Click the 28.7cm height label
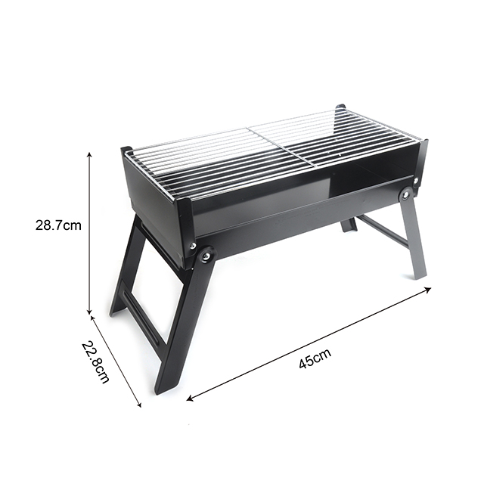pyautogui.click(x=58, y=225)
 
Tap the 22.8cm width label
pyautogui.click(x=95, y=361)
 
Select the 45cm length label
pyautogui.click(x=315, y=358)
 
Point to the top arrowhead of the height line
pyautogui.click(x=90, y=154)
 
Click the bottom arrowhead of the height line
pyautogui.click(x=90, y=311)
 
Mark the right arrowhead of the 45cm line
pyautogui.click(x=429, y=289)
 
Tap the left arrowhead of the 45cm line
pyautogui.click(x=190, y=399)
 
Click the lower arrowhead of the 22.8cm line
pyautogui.click(x=139, y=405)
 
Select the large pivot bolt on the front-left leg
pyautogui.click(x=205, y=256)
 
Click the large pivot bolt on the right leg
pyautogui.click(x=405, y=194)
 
